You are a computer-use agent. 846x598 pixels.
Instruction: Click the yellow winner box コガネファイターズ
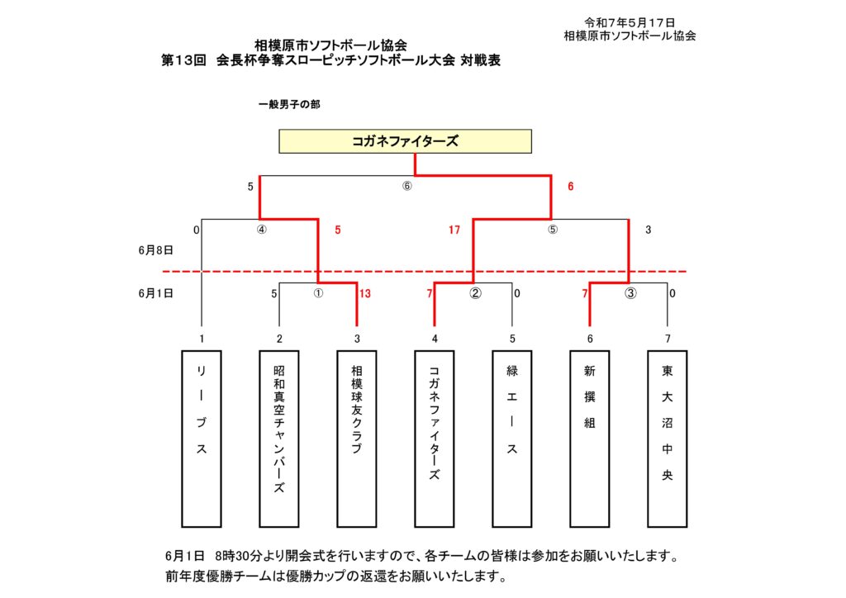(x=405, y=141)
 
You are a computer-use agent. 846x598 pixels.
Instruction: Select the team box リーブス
(x=202, y=439)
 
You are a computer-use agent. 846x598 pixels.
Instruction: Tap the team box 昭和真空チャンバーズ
(x=279, y=439)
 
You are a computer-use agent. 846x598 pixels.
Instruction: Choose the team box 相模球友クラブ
(x=357, y=439)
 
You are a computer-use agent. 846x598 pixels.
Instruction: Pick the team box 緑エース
(x=512, y=439)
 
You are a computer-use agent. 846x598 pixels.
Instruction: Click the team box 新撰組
(x=590, y=439)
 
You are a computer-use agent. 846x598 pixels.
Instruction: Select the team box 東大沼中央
(x=668, y=439)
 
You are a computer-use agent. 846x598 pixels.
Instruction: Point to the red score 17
(x=454, y=230)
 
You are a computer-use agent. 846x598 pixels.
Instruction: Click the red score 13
(x=365, y=294)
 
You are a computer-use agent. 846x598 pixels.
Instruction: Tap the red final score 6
(x=570, y=187)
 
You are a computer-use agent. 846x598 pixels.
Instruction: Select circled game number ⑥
(x=406, y=186)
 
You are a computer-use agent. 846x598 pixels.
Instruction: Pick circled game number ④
(x=262, y=230)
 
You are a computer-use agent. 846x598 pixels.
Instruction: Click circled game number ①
(x=318, y=293)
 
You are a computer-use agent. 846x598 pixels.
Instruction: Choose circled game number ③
(x=630, y=293)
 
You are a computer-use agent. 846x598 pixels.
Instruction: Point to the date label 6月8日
(x=156, y=250)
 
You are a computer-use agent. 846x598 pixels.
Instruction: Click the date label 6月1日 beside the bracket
(x=156, y=293)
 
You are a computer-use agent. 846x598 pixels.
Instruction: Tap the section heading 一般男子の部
(x=289, y=104)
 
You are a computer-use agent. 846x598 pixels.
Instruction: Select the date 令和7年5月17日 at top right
(x=630, y=22)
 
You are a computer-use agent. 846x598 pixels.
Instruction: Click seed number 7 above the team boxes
(x=668, y=339)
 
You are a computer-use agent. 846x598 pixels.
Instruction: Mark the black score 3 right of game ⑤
(x=648, y=230)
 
